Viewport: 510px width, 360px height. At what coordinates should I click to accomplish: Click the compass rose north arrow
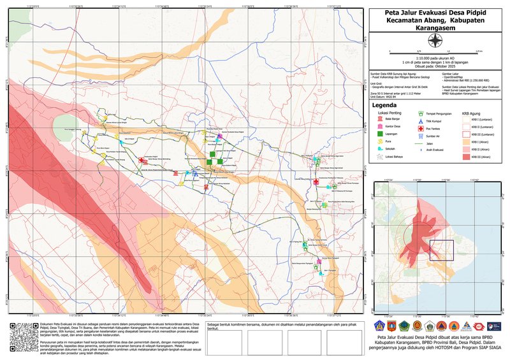[435, 41]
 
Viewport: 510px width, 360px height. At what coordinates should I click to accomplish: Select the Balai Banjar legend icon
[381, 119]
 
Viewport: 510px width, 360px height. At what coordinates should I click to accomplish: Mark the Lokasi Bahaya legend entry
[381, 157]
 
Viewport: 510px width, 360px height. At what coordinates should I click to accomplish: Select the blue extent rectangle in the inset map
[441, 250]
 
